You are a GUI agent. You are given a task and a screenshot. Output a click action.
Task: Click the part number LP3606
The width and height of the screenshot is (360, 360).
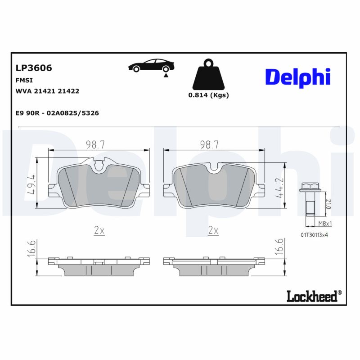tap(34, 68)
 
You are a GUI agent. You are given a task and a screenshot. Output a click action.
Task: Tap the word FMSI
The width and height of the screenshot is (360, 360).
tap(23, 80)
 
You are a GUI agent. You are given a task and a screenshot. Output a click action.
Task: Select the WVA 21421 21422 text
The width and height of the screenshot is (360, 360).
tap(47, 91)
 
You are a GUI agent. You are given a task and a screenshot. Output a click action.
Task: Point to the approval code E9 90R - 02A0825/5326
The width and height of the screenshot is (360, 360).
tap(57, 113)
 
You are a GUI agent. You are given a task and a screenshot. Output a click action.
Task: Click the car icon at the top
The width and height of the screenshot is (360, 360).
tap(150, 66)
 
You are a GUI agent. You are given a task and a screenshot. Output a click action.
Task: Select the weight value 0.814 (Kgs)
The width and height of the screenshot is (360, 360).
tap(208, 95)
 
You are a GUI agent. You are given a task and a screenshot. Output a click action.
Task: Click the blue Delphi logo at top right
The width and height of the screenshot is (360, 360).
tap(297, 77)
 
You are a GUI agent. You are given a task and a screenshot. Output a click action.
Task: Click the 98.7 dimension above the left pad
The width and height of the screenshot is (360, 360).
tap(95, 144)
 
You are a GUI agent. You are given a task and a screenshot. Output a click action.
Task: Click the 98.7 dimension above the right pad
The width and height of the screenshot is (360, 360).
tap(209, 144)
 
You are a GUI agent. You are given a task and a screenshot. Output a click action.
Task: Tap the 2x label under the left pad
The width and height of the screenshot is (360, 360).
tap(99, 230)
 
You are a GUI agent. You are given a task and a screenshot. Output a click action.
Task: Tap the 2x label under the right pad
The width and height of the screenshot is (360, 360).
tap(213, 230)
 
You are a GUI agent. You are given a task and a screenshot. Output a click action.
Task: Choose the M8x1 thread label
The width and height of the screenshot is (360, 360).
tap(324, 224)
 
